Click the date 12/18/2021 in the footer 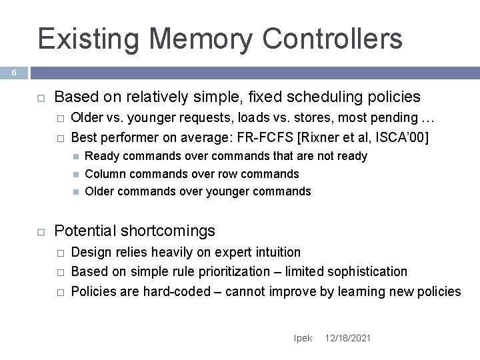[x=348, y=339]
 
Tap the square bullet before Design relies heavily [x=59, y=253]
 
